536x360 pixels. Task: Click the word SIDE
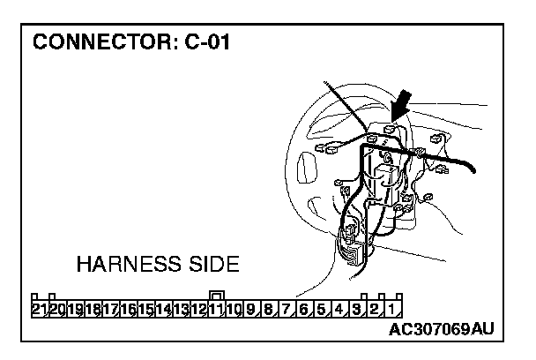click(x=212, y=265)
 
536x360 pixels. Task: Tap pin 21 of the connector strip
click(x=39, y=309)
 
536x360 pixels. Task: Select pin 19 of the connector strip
click(x=75, y=309)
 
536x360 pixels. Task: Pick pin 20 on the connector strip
click(x=56, y=309)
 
